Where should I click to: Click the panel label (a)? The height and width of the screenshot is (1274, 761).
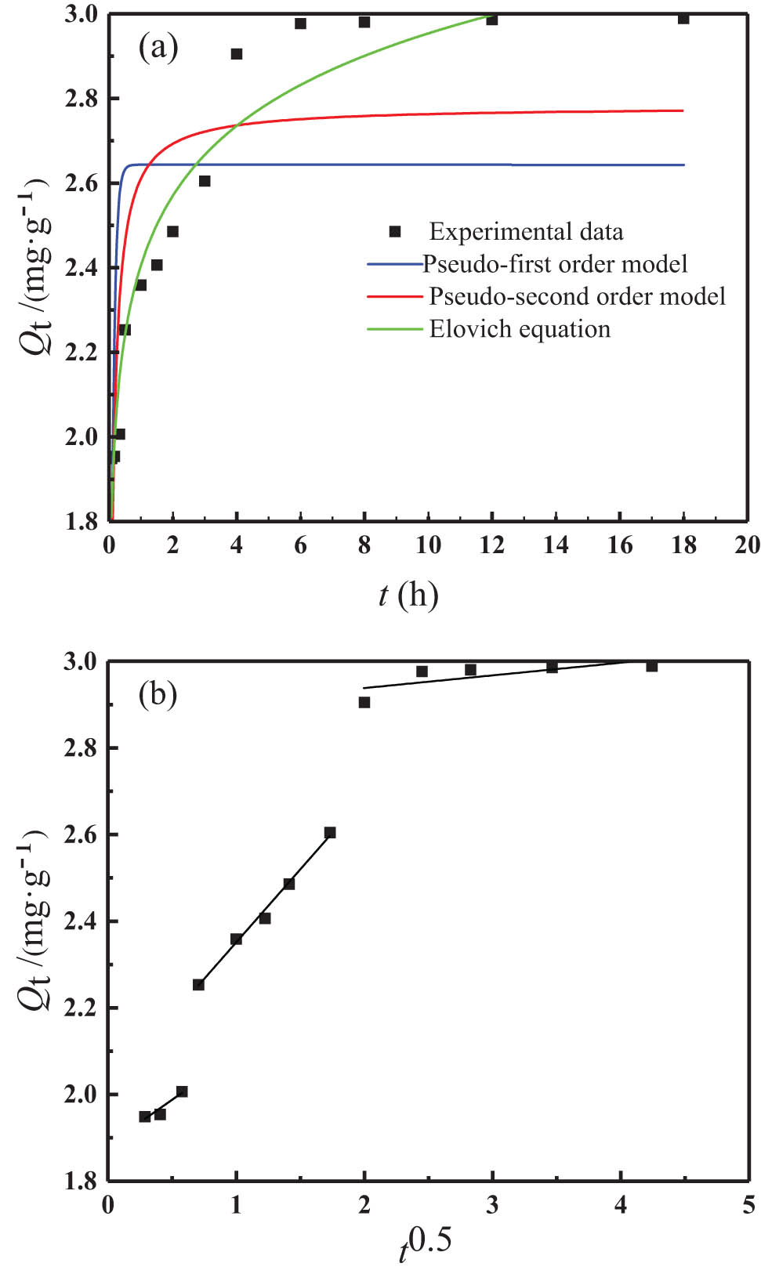(158, 48)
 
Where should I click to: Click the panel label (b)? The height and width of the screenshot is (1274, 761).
(158, 694)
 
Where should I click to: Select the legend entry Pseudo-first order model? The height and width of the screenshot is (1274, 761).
(555, 264)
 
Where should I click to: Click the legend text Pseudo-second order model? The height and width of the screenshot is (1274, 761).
(577, 296)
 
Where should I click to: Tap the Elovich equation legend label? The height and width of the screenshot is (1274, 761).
(520, 329)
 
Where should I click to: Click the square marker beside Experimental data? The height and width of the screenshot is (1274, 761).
(395, 231)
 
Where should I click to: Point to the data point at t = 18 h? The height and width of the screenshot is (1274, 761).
(683, 19)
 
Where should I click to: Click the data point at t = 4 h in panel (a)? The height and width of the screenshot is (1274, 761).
(237, 54)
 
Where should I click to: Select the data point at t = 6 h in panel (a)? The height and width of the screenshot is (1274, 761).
(300, 24)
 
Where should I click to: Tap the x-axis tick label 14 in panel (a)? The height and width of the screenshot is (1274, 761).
(556, 545)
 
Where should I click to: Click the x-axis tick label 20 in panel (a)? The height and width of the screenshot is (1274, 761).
(747, 545)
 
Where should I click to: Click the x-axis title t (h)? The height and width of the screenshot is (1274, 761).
(408, 595)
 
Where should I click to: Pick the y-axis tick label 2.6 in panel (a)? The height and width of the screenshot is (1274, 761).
(82, 183)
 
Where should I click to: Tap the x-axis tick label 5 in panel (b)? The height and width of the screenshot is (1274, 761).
(749, 1204)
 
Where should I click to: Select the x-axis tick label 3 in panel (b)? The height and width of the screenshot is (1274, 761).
(492, 1204)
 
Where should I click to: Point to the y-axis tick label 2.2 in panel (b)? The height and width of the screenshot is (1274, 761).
(81, 1008)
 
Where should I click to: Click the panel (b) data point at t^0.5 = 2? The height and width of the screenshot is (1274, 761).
(364, 702)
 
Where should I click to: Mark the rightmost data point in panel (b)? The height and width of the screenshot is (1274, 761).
(651, 666)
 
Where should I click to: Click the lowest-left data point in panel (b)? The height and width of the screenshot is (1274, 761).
(145, 1117)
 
